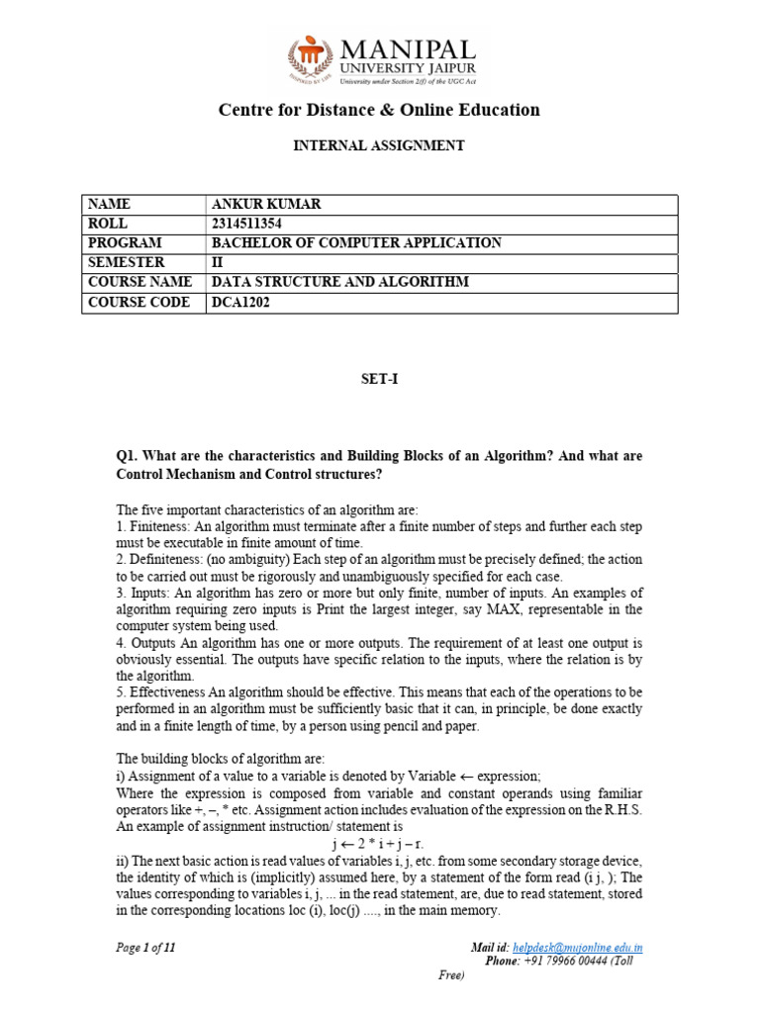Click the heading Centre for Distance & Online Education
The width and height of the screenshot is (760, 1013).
tap(379, 110)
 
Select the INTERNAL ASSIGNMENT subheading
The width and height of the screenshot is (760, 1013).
tap(379, 145)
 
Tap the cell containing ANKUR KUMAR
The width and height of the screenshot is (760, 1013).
tap(267, 205)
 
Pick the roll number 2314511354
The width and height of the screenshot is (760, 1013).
tap(253, 224)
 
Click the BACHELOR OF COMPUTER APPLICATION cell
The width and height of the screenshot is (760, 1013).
tap(356, 243)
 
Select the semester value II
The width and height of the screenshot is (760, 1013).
tap(218, 263)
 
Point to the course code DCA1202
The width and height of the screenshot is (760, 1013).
tap(240, 303)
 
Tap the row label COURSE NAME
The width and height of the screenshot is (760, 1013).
tap(138, 283)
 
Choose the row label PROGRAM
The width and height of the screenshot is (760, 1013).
tap(125, 243)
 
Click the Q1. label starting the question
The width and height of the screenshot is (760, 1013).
tap(129, 456)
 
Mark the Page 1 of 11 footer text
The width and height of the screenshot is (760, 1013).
tap(145, 948)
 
